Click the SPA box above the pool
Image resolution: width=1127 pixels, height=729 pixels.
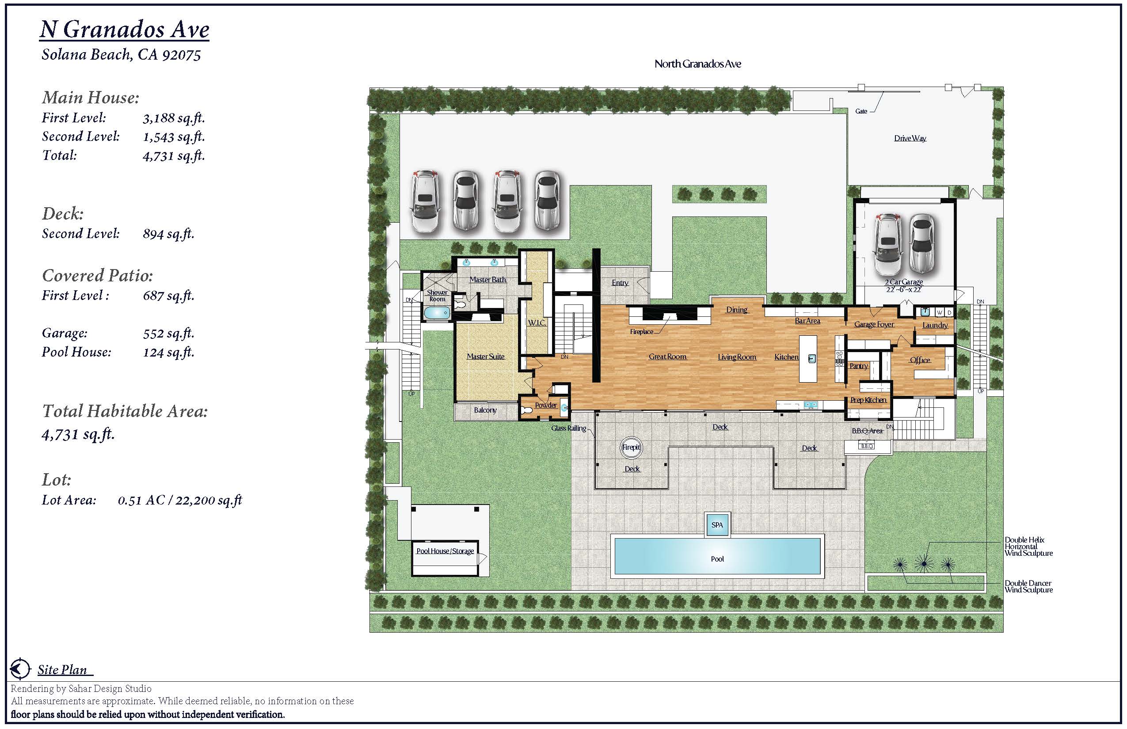point(717,525)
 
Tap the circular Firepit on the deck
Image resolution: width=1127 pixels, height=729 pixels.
point(631,447)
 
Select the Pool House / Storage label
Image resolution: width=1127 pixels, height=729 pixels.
point(445,551)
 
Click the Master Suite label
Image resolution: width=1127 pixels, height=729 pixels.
point(485,357)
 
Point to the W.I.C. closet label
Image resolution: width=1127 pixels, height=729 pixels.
point(537,323)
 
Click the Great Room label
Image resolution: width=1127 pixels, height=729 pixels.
point(668,357)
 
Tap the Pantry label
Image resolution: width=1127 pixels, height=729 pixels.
point(858,366)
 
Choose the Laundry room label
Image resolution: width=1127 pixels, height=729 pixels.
point(935,325)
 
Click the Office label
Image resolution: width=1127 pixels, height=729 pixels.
point(920,360)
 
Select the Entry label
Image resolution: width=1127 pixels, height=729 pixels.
point(620,283)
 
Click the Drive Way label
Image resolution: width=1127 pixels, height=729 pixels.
point(910,138)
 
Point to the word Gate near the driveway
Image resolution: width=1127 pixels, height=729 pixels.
point(861,111)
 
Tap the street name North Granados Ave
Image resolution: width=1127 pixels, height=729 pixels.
point(697,64)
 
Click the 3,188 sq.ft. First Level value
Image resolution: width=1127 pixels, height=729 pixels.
point(174,118)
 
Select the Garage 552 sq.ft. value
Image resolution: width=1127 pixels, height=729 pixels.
point(168,334)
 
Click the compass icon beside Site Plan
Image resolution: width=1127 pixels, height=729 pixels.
point(20,669)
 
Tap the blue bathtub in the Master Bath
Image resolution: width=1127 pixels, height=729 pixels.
point(437,313)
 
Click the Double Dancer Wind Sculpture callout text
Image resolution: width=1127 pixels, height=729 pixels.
point(1028,587)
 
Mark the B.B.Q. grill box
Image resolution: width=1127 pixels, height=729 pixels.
point(867,446)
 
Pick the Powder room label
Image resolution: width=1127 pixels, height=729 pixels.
point(545,405)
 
